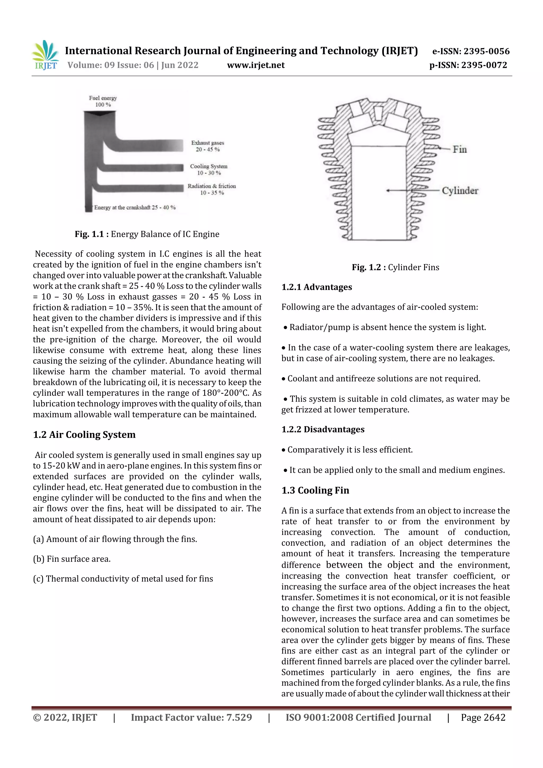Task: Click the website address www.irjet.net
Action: tap(256, 65)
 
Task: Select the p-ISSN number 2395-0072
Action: tap(484, 65)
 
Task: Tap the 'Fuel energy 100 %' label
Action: tap(103, 101)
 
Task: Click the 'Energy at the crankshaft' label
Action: tap(135, 207)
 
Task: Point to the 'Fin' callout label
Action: tap(460, 149)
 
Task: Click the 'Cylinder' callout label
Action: tap(460, 191)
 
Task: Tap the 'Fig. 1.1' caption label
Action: tap(89, 234)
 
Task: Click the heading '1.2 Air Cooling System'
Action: tap(84, 435)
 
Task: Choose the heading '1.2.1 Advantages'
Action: tap(317, 287)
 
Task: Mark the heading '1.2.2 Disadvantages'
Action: tap(323, 429)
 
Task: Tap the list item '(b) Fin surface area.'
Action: tap(72, 559)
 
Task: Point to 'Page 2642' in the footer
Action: tap(483, 717)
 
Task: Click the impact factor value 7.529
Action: tap(239, 717)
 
